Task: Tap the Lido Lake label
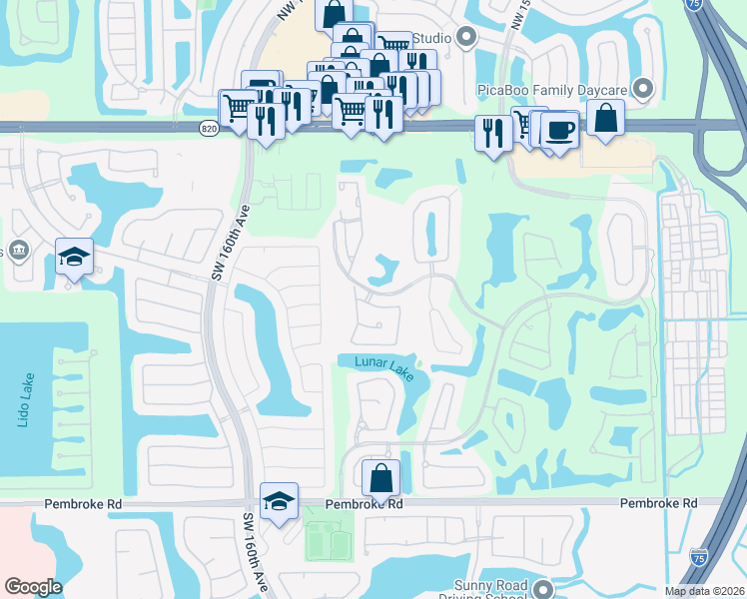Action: (x=25, y=401)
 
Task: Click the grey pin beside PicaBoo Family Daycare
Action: (x=643, y=90)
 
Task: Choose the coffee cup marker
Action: (x=559, y=129)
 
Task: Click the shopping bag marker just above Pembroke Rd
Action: (x=380, y=476)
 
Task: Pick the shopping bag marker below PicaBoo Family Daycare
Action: (x=606, y=118)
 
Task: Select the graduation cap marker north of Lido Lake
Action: (x=74, y=257)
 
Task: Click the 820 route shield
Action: (x=208, y=129)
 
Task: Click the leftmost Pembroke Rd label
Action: (x=83, y=505)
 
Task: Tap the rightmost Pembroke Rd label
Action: (x=658, y=504)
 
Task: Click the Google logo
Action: (x=33, y=587)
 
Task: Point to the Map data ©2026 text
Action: (x=703, y=591)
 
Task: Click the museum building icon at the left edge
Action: (x=17, y=250)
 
